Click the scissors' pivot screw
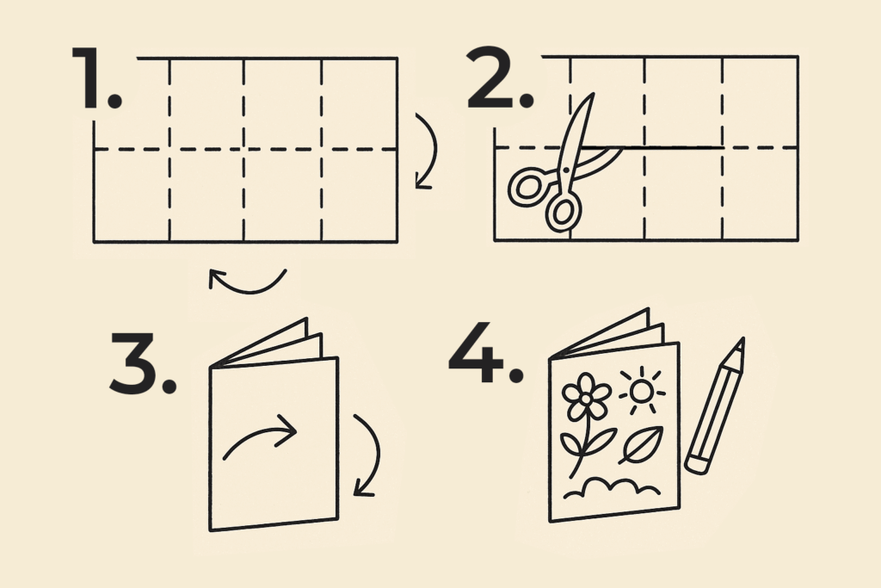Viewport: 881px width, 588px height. pyautogui.click(x=566, y=170)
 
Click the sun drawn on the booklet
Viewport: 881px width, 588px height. pyautogui.click(x=642, y=390)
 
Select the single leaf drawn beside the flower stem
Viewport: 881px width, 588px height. pyautogui.click(x=642, y=444)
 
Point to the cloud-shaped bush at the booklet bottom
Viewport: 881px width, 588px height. pyautogui.click(x=612, y=488)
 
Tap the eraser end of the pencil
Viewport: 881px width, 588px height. pyautogui.click(x=696, y=465)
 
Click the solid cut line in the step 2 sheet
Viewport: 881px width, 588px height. pyautogui.click(x=652, y=147)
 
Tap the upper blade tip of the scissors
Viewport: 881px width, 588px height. pyautogui.click(x=592, y=95)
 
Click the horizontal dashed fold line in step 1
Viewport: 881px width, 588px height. pyautogui.click(x=245, y=150)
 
